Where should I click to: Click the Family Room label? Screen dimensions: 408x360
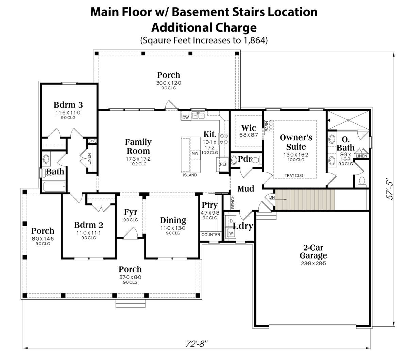click(138, 146)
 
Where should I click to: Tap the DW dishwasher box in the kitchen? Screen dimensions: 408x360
click(186, 118)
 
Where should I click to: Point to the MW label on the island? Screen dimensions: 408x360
click(195, 153)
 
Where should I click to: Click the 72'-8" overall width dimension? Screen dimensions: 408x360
click(196, 344)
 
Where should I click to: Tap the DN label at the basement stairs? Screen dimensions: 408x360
click(272, 197)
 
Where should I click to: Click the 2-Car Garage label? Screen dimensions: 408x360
click(313, 252)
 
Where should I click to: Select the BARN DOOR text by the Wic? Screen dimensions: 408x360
click(269, 126)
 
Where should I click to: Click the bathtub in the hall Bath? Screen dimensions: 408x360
click(54, 186)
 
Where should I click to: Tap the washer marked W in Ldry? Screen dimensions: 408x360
click(231, 233)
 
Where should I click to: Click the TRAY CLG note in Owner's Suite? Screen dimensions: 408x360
click(294, 176)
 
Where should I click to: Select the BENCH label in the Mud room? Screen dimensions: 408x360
click(233, 202)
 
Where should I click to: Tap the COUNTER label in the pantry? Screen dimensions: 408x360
click(211, 235)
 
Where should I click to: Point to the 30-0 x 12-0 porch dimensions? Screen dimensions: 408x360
click(169, 83)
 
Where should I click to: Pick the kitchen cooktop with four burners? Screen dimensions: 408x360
click(224, 139)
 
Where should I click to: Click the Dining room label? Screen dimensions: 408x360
click(173, 220)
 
